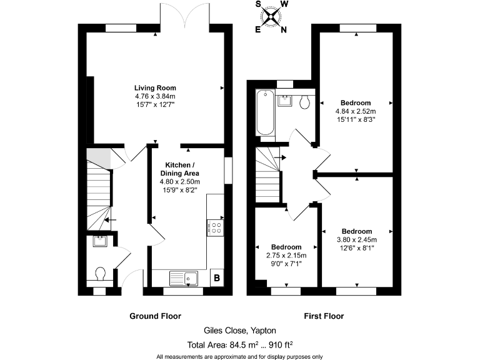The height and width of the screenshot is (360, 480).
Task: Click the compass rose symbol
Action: coord(271,16)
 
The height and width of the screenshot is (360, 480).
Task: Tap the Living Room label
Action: coord(155,87)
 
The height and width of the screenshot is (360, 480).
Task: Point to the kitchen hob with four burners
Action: coord(216,228)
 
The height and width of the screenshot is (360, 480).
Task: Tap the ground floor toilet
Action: coord(100,274)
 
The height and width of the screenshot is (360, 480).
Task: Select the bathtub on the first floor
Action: coord(264,112)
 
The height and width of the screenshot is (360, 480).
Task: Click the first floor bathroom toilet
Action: coord(304,102)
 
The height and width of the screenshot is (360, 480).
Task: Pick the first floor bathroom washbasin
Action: coord(285,101)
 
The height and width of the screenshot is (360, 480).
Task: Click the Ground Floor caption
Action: coord(155,316)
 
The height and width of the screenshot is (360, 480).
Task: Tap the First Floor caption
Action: coord(324,316)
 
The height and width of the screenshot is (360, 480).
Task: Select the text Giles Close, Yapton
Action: coord(240,331)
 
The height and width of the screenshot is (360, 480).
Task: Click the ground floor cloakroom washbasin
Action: coord(99,240)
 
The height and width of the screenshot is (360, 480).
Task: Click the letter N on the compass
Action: coord(284,29)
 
